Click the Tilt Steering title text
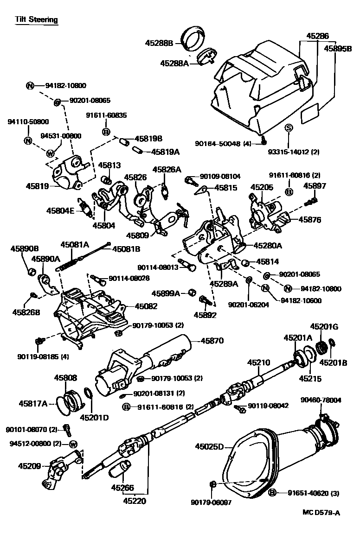tap(36, 19)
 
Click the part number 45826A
tap(167, 170)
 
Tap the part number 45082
tap(146, 306)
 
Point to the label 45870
tap(212, 341)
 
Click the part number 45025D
tap(209, 447)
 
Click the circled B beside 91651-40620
tap(272, 492)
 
